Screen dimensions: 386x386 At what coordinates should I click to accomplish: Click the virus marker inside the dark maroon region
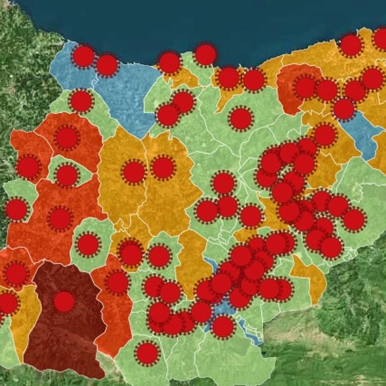click(64, 302)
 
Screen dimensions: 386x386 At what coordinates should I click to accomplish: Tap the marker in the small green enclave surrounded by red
click(67, 176)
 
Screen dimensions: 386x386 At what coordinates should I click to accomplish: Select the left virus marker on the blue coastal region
click(84, 56)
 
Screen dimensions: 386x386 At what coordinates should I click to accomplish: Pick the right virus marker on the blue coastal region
click(107, 65)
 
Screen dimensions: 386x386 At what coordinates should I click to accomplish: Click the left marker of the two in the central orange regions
click(134, 172)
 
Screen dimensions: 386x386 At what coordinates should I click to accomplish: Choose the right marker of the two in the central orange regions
click(163, 168)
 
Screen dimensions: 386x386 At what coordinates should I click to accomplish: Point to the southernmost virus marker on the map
click(147, 353)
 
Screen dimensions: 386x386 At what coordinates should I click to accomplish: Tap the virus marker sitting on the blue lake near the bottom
click(223, 326)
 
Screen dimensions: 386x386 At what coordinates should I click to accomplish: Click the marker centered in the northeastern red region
click(305, 87)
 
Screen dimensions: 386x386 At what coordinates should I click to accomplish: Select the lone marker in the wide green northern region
click(240, 119)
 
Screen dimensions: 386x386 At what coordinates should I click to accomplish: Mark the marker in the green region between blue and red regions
click(81, 101)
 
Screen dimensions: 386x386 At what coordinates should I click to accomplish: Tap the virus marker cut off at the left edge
click(7, 304)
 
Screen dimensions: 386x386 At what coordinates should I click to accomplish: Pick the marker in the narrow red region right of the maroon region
click(118, 283)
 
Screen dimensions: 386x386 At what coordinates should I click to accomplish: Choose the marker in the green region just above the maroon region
click(88, 244)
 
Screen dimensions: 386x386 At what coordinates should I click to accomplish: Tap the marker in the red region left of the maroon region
click(15, 273)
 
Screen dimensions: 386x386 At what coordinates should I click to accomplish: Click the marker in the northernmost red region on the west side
click(67, 137)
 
